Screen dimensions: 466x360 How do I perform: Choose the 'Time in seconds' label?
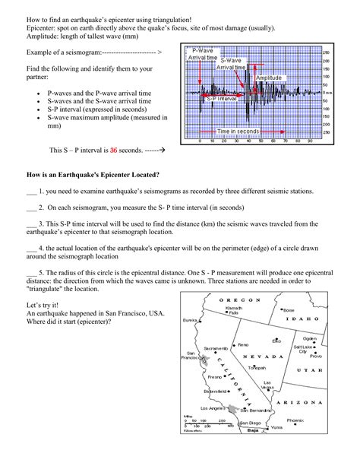point(238,132)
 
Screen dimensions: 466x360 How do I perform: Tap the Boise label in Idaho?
point(309,310)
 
